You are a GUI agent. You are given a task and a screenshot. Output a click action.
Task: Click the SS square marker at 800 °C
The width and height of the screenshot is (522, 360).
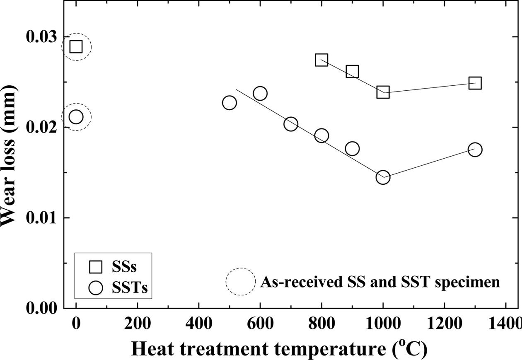(x=321, y=60)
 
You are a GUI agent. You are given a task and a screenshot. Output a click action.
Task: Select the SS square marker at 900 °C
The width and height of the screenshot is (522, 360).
(x=352, y=72)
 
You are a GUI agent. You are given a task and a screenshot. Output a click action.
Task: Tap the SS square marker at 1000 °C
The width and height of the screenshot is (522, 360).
(x=383, y=92)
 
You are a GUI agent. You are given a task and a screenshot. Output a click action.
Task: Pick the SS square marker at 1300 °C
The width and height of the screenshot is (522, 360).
(x=475, y=83)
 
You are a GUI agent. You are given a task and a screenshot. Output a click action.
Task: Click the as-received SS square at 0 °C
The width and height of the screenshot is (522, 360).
(x=76, y=46)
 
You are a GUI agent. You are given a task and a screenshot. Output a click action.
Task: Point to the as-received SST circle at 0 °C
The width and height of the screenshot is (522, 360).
(x=76, y=117)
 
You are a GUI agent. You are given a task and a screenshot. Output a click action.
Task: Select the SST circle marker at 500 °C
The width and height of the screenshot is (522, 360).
(x=229, y=103)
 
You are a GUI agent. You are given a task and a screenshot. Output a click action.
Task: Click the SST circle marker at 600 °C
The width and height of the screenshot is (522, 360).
(x=260, y=93)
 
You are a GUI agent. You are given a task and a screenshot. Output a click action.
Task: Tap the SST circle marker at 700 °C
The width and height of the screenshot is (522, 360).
(x=291, y=124)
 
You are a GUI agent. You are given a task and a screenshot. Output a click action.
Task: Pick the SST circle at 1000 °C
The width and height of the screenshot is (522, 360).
(x=383, y=177)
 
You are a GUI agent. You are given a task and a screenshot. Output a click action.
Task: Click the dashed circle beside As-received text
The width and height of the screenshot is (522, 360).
(x=240, y=282)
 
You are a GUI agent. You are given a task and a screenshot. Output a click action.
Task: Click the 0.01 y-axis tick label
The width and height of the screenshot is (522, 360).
(x=41, y=217)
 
